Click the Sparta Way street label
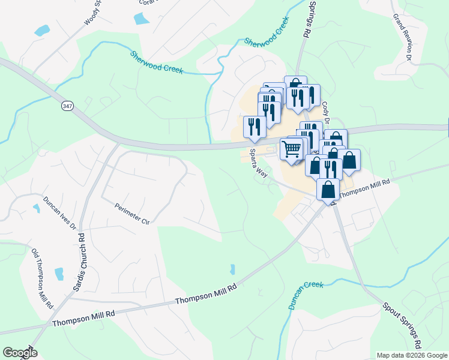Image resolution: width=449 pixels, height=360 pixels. pos(258,163)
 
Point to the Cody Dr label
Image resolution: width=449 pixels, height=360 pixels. pos(327,112)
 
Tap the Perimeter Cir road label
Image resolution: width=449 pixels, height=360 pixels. pos(131,213)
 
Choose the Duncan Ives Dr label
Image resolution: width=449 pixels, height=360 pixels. pos(59,213)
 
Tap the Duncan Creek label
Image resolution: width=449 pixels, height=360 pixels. pos(305,295)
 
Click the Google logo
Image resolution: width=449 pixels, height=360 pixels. pos(20,353)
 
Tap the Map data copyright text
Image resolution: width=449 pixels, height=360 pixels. pos(412,355)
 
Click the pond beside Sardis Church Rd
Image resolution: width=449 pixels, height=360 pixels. pos(59,274)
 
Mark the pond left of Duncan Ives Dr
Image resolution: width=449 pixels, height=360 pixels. pos(37,208)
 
